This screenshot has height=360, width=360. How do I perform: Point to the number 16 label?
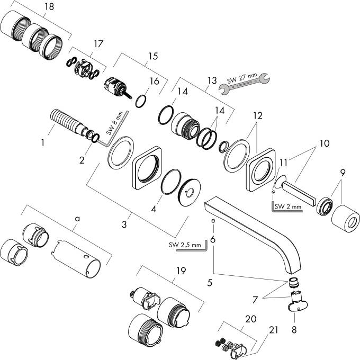click(x=155, y=81)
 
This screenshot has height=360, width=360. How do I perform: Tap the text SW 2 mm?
click(x=287, y=205)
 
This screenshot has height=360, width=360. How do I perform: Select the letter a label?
click(x=77, y=217)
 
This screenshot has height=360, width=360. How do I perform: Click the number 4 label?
click(x=154, y=209)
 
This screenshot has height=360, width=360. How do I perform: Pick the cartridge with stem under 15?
click(x=118, y=87)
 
